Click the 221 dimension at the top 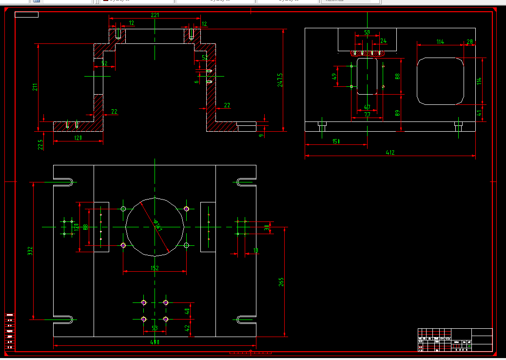click(x=155, y=15)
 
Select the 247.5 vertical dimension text click(x=280, y=80)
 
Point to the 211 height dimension click(x=35, y=88)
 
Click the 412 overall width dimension click(x=390, y=153)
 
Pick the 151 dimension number click(x=336, y=141)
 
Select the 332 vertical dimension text click(x=30, y=251)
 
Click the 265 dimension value click(x=281, y=282)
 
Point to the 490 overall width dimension click(x=155, y=342)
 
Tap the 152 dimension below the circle click(x=155, y=268)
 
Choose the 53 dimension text click(x=155, y=328)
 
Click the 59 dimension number click(x=367, y=33)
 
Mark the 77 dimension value click(x=367, y=114)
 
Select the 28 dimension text click(x=469, y=42)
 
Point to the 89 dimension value click(x=397, y=113)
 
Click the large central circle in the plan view click(x=155, y=227)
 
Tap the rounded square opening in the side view click(x=441, y=81)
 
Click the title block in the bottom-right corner click(x=455, y=340)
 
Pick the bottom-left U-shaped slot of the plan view click(x=66, y=320)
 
